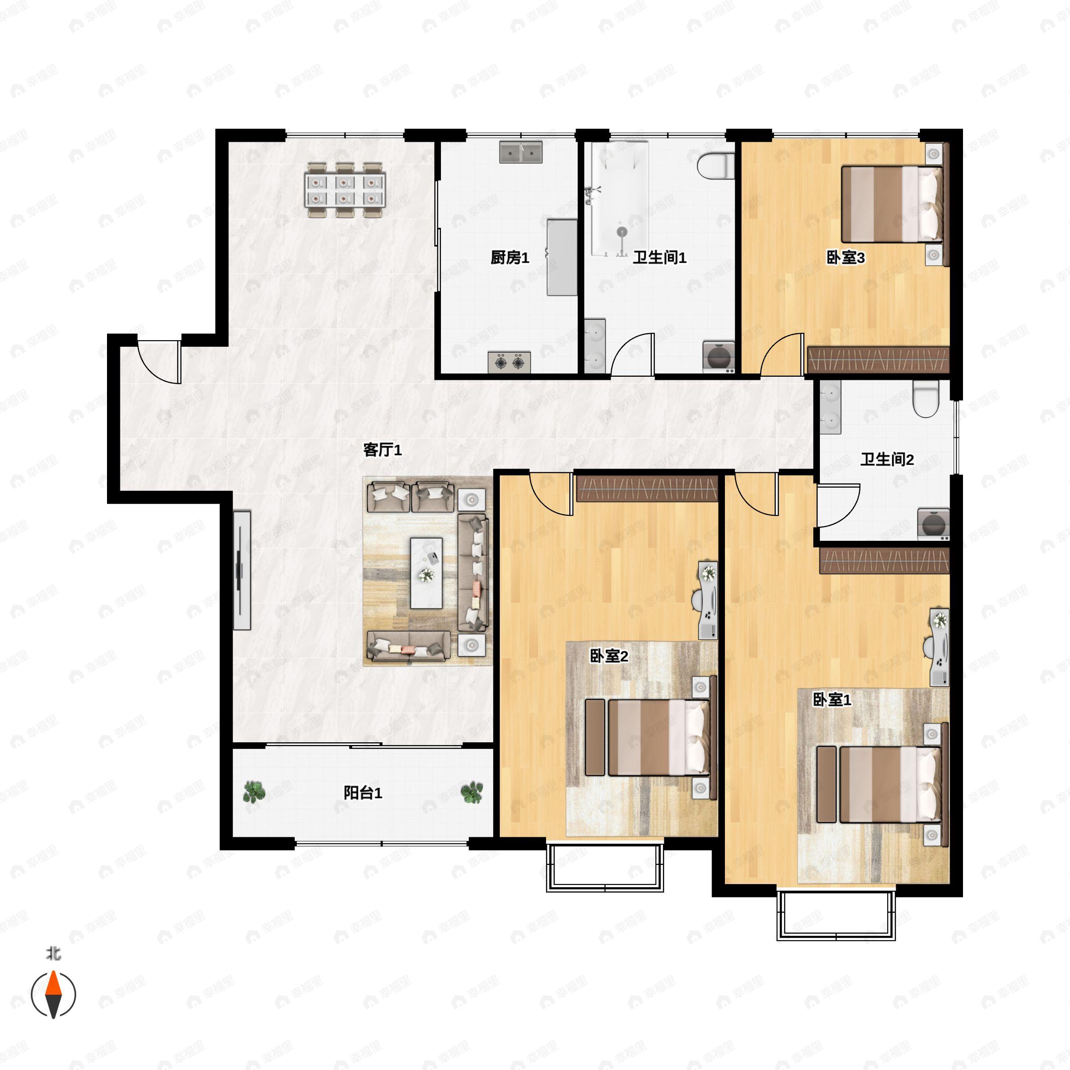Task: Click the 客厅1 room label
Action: (382, 450)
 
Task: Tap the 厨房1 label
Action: (510, 258)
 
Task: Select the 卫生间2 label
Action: (887, 459)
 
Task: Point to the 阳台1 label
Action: (363, 793)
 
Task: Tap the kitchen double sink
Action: (521, 152)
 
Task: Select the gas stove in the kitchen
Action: (509, 362)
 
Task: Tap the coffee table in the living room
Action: (426, 572)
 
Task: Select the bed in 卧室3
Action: (891, 204)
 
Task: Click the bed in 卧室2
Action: (658, 737)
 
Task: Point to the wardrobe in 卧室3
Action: (878, 359)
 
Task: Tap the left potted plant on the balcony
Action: (254, 793)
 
